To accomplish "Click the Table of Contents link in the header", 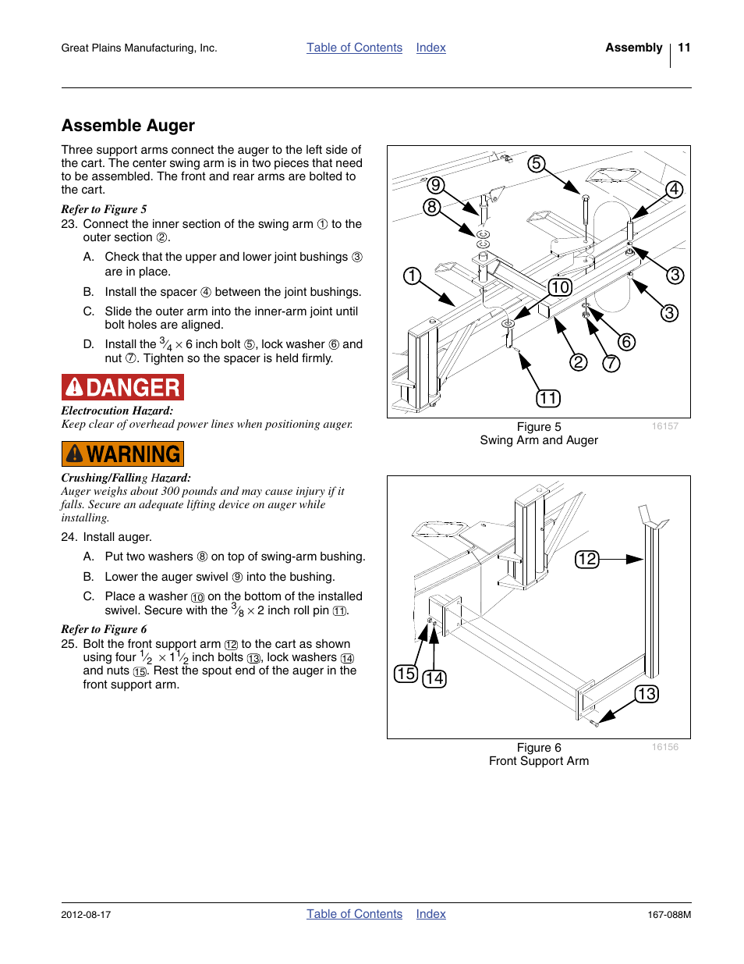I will (x=354, y=48).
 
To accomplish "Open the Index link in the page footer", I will (x=430, y=914).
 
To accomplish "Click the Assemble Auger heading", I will (x=128, y=126).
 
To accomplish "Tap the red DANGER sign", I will (x=122, y=387).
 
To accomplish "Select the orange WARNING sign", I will (x=122, y=454).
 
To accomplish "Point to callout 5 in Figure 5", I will (x=536, y=164).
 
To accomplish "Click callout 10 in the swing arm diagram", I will (x=560, y=287).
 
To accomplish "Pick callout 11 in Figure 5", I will (x=548, y=399).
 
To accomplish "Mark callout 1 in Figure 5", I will (x=412, y=276).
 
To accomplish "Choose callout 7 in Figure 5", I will (x=611, y=363).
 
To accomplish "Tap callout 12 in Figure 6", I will (x=587, y=559).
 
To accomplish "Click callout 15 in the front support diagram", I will (x=406, y=674).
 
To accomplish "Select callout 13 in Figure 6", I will (x=647, y=694).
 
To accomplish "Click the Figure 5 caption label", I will (x=539, y=427).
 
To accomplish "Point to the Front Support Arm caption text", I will (x=539, y=761).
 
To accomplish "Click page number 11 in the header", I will (x=684, y=48).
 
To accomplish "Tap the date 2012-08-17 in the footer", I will (x=86, y=915).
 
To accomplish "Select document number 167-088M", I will (x=669, y=915).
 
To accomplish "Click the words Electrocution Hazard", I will (x=117, y=411).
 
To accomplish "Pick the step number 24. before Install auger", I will (x=69, y=537).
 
